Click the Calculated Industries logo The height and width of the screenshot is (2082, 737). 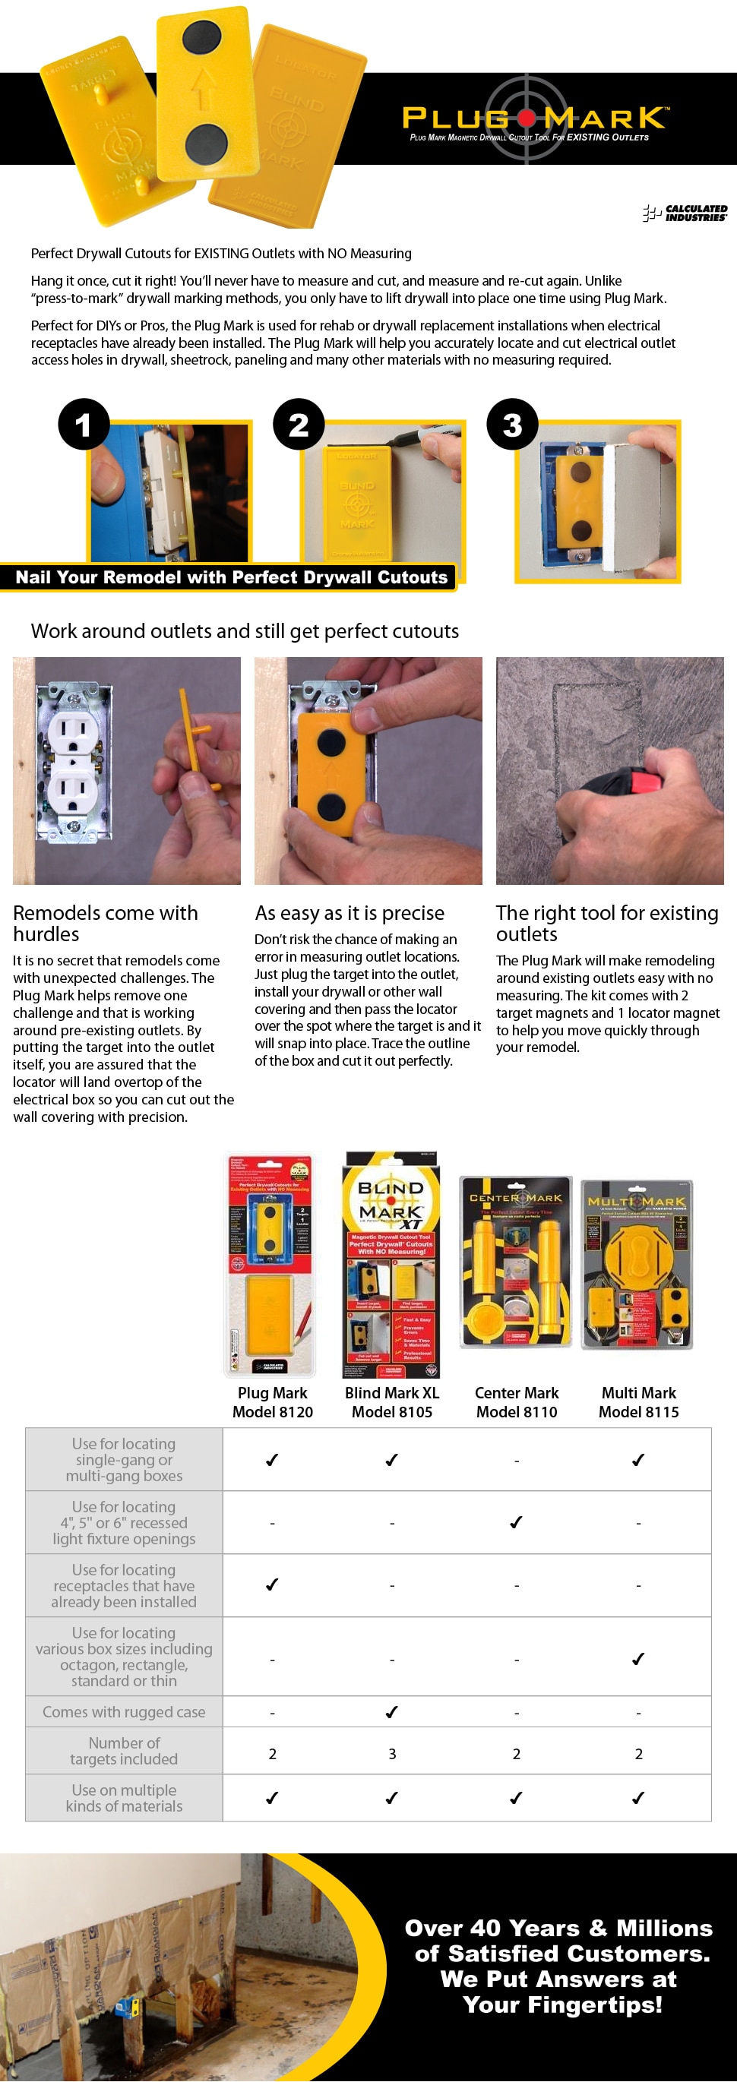pyautogui.click(x=685, y=213)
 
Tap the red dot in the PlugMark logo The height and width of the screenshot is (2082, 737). pyautogui.click(x=527, y=118)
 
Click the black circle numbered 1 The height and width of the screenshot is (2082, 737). pyautogui.click(x=84, y=425)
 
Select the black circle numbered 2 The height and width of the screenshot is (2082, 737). pyautogui.click(x=298, y=425)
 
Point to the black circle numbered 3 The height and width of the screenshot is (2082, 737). pyautogui.click(x=512, y=425)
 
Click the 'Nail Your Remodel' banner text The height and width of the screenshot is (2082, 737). pyautogui.click(x=231, y=577)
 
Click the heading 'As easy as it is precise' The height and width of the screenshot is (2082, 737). pyautogui.click(x=349, y=912)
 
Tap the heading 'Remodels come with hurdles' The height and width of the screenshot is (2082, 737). pyautogui.click(x=105, y=923)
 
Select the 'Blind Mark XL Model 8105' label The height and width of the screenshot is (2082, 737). pyautogui.click(x=392, y=1402)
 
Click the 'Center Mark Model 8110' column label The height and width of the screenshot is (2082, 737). pyautogui.click(x=517, y=1402)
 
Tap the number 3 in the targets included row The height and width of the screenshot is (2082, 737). pyautogui.click(x=392, y=1754)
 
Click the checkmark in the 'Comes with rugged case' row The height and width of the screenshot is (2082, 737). pyautogui.click(x=392, y=1712)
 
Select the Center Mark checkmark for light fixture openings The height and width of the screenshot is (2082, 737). pyautogui.click(x=517, y=1522)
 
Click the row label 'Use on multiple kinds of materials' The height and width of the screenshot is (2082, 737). pyautogui.click(x=124, y=1797)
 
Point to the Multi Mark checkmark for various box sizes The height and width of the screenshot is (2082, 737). pyautogui.click(x=637, y=1658)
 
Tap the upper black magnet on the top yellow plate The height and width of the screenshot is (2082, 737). pyautogui.click(x=201, y=37)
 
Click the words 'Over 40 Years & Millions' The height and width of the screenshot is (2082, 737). pyautogui.click(x=558, y=1928)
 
